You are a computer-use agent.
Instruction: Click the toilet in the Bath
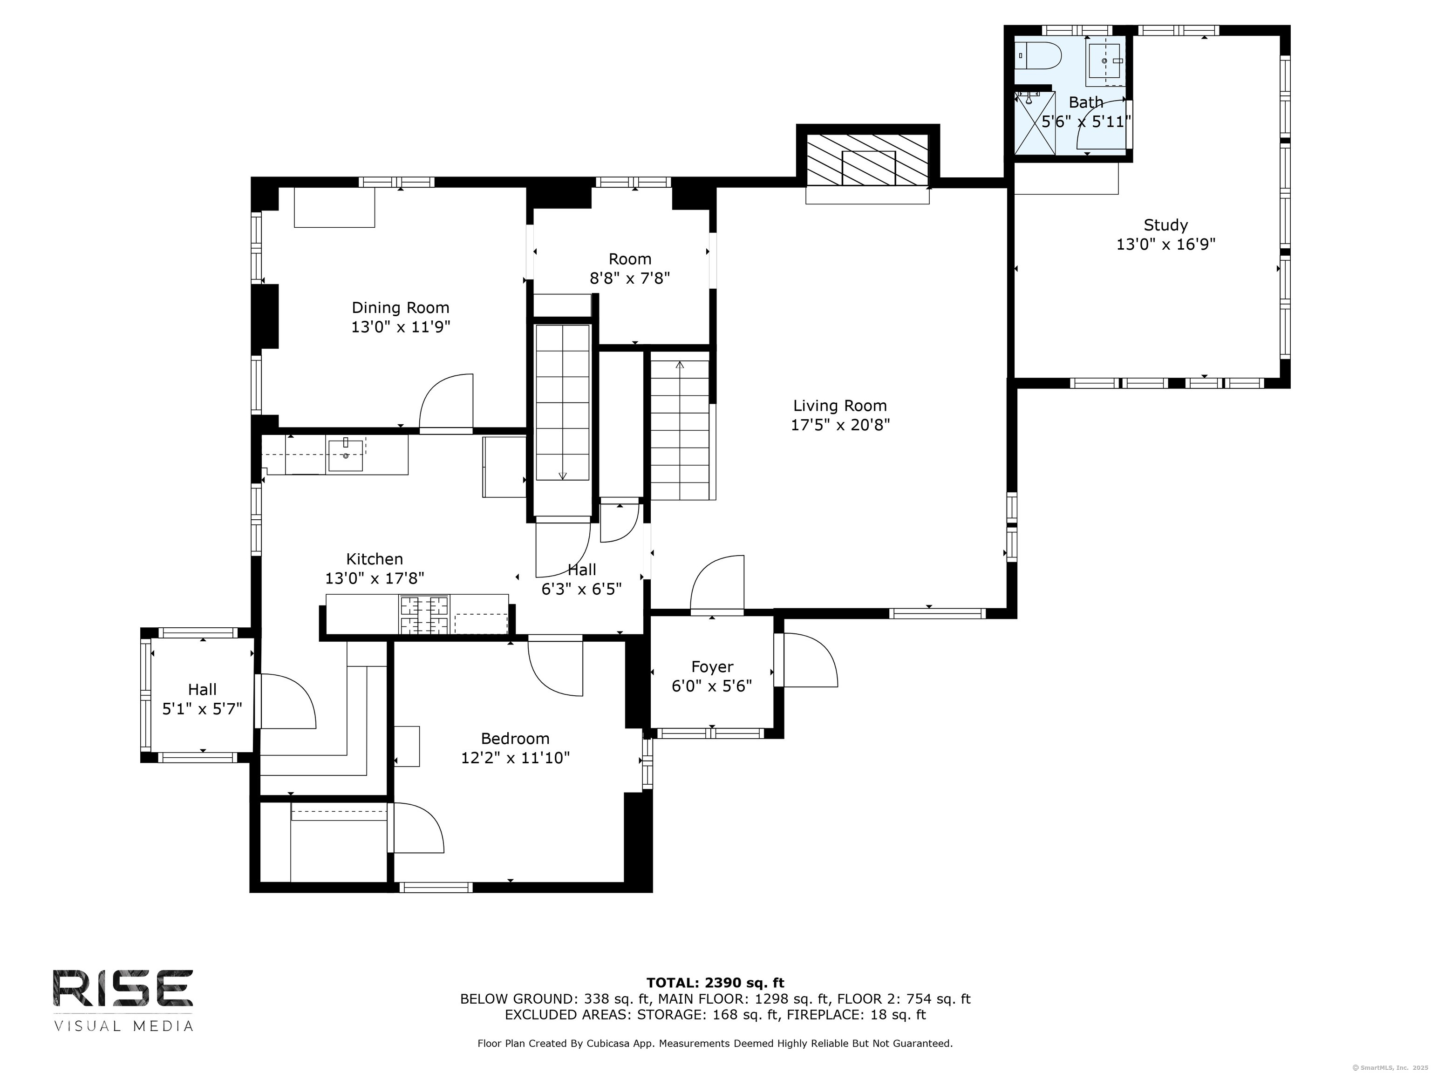coord(1038,56)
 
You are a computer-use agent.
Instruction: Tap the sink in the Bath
coord(1105,61)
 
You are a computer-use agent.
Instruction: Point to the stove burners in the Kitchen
coord(424,614)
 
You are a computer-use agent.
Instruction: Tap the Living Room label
coord(840,406)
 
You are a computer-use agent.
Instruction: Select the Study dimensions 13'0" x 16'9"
coord(1166,244)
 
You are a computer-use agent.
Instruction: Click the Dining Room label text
coord(401,308)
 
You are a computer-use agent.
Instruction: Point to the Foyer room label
coord(712,667)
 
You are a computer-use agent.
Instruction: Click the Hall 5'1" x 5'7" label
coord(202,699)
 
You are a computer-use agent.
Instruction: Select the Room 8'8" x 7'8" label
coord(629,268)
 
